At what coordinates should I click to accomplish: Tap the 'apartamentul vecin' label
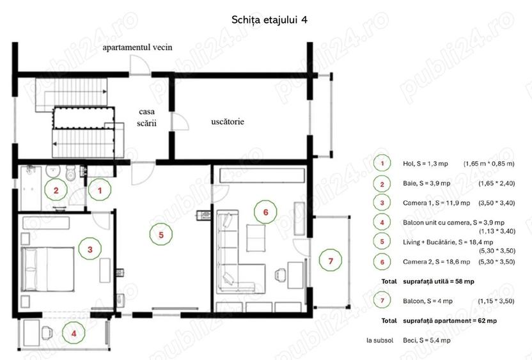tap(139, 47)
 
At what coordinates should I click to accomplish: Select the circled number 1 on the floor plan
tap(99, 189)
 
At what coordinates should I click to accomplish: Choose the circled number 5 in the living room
tap(161, 235)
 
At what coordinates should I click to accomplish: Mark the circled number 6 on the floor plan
tap(265, 212)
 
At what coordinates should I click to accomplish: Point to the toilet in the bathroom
tap(71, 173)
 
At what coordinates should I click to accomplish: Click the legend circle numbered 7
tap(382, 301)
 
